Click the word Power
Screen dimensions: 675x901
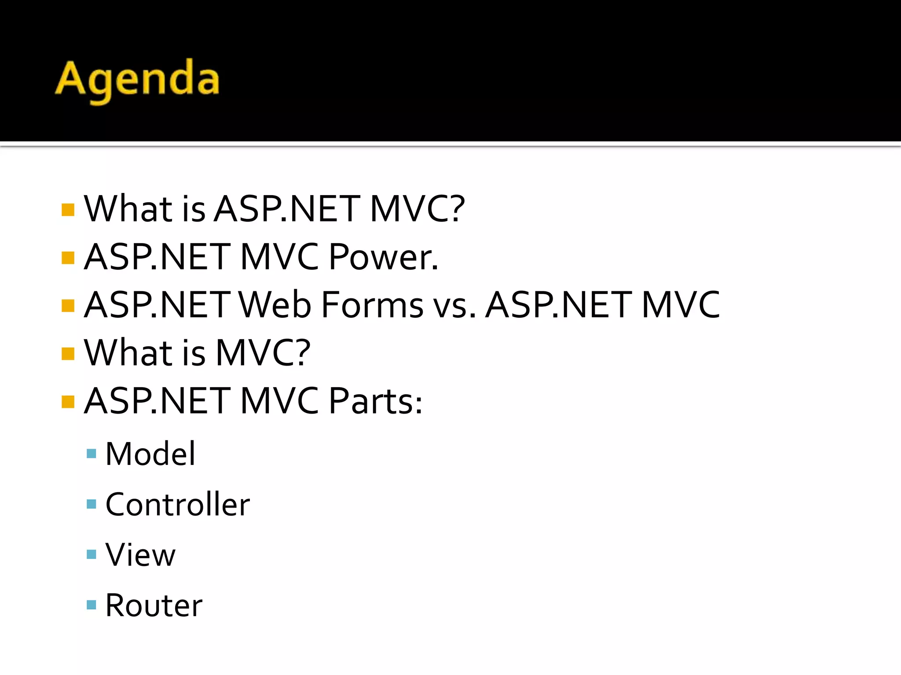click(383, 257)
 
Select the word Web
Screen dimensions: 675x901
click(275, 305)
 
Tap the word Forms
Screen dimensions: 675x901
click(372, 305)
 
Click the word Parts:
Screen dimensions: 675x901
click(375, 401)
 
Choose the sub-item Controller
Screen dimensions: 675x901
click(178, 504)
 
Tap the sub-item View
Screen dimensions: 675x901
click(140, 555)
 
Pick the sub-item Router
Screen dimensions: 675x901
click(154, 606)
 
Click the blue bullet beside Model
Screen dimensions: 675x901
click(92, 454)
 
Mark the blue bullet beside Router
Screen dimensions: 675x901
click(92, 605)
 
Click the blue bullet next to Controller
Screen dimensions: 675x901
click(92, 504)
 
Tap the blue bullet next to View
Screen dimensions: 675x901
click(92, 555)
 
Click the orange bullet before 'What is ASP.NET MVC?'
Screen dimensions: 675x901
click(68, 210)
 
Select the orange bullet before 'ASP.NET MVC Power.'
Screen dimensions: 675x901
click(68, 258)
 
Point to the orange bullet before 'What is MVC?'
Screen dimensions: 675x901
click(68, 353)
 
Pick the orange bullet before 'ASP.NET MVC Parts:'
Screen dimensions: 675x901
click(68, 402)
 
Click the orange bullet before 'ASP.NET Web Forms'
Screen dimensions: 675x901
click(68, 305)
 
